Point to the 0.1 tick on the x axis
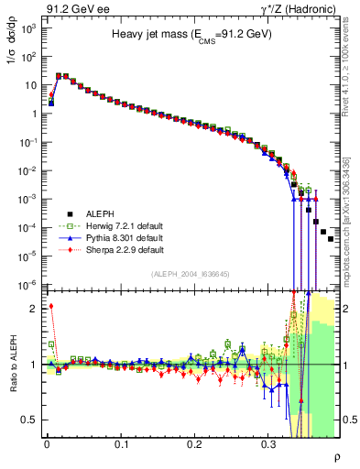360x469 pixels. pyautogui.click(x=121, y=443)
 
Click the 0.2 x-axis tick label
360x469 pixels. pyautogui.click(x=194, y=443)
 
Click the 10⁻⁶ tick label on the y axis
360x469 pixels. pyautogui.click(x=28, y=284)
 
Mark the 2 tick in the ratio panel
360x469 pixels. pyautogui.click(x=35, y=309)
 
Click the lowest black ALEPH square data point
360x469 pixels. pyautogui.click(x=331, y=239)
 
